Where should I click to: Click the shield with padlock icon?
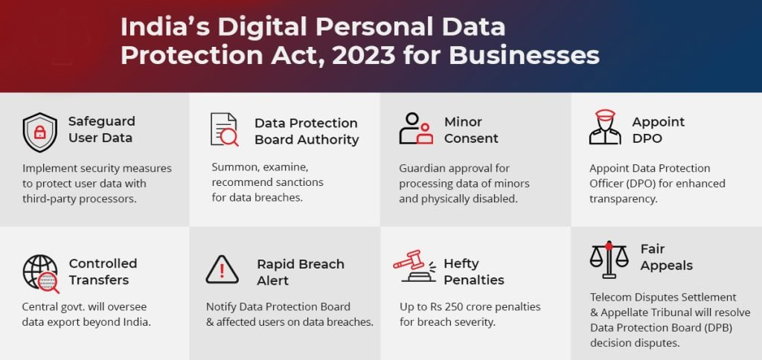click(39, 132)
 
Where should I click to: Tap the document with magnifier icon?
click(224, 130)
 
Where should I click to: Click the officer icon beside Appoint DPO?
click(604, 128)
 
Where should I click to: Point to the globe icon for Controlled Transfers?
click(40, 273)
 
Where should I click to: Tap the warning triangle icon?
click(222, 269)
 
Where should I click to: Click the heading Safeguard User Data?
click(101, 129)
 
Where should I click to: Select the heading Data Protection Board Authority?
click(306, 131)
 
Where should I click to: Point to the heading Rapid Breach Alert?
click(300, 271)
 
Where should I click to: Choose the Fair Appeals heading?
click(666, 257)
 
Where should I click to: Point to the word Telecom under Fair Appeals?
click(613, 297)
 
